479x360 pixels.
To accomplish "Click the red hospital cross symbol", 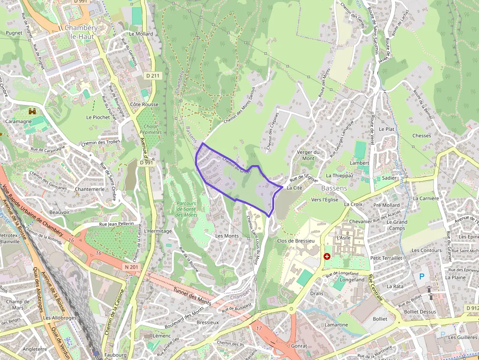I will [x=327, y=256].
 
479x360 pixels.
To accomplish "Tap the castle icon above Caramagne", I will [x=33, y=111].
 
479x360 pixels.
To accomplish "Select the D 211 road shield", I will [x=153, y=76].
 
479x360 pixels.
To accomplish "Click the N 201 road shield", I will [x=131, y=266].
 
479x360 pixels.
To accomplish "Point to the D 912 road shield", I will [x=472, y=308].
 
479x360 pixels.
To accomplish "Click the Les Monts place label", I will [x=227, y=236].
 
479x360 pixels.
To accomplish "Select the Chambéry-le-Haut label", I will [x=81, y=32].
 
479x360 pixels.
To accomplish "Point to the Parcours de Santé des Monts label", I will [x=186, y=209].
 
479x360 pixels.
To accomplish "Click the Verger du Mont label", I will [x=308, y=155].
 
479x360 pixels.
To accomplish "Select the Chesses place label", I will [x=421, y=136].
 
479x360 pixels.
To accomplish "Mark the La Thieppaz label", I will [x=339, y=175].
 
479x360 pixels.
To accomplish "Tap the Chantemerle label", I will [x=90, y=189].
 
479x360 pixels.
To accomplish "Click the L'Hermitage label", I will [x=158, y=231].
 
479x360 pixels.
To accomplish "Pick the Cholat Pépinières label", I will [x=151, y=128].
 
